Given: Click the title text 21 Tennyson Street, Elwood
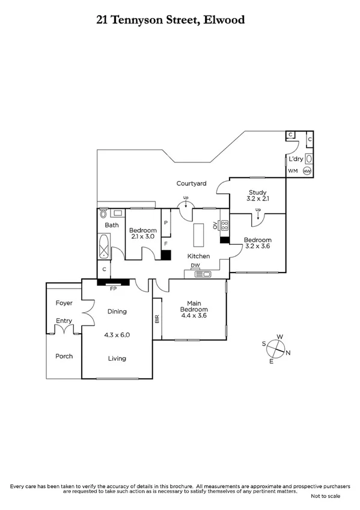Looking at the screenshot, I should pos(171,20).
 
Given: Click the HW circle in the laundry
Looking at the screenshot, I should pos(308,171).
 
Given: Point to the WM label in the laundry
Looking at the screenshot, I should pos(293,171).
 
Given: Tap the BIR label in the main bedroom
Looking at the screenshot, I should pos(157,319).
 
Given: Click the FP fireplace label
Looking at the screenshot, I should pos(113,288).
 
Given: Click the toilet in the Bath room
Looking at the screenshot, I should pos(103,213).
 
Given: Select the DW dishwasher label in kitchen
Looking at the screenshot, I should pos(195,265).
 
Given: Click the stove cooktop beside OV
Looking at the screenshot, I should pos(225,227).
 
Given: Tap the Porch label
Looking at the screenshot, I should pos(64,356).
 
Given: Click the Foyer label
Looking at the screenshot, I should pos(64,303).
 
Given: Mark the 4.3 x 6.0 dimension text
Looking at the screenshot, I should pos(117,335).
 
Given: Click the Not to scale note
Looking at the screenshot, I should pos(325,496).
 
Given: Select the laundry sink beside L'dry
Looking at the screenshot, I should pos(308,159).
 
